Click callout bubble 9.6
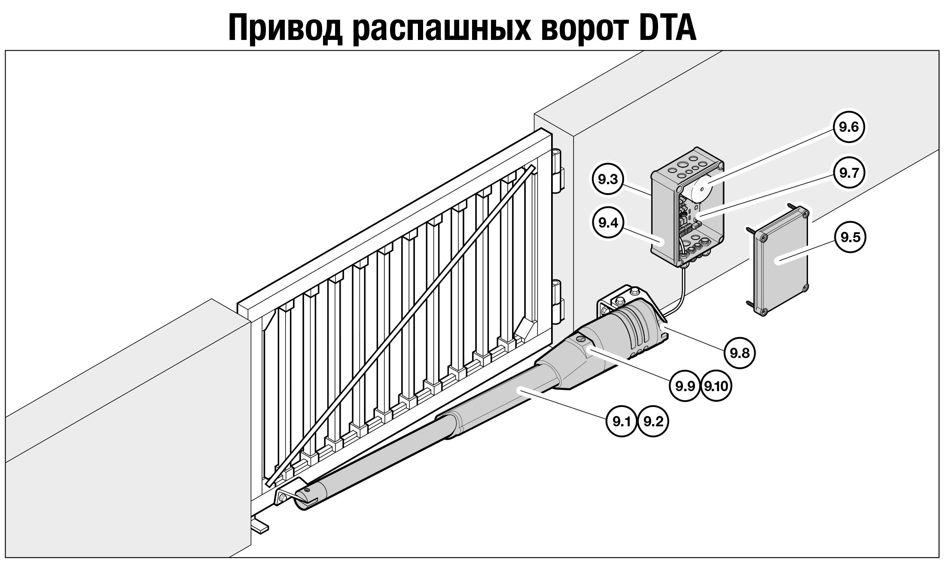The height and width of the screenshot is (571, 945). click(848, 128)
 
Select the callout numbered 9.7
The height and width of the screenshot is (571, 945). click(848, 173)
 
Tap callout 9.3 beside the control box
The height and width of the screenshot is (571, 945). click(607, 179)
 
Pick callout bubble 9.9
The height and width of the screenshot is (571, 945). click(685, 386)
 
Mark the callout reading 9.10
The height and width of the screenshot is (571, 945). click(716, 386)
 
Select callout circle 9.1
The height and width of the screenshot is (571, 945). click(621, 422)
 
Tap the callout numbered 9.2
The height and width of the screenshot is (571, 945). click(653, 422)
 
